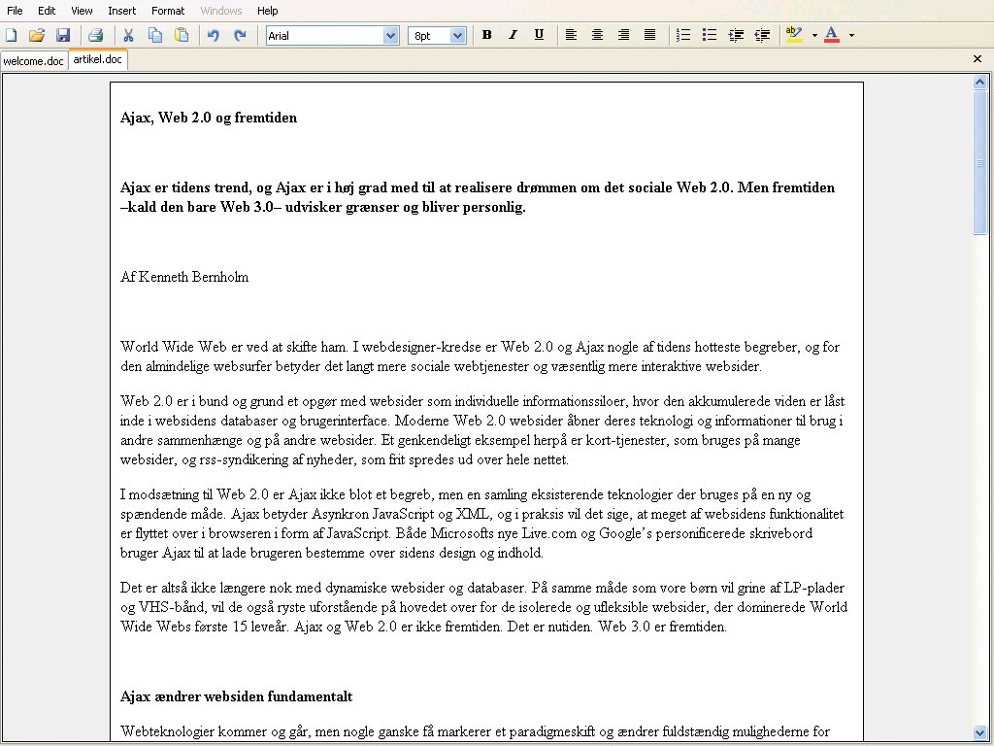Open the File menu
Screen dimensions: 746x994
[15, 11]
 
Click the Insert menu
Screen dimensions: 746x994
[122, 11]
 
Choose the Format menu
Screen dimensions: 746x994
[168, 11]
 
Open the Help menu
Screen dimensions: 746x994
[268, 11]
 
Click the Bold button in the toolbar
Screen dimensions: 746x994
[487, 35]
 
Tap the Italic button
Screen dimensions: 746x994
[514, 35]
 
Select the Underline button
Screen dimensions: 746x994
[539, 35]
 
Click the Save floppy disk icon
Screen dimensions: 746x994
[63, 35]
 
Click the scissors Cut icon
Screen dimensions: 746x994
[128, 35]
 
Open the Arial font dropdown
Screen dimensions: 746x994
[391, 36]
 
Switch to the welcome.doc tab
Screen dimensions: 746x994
[34, 60]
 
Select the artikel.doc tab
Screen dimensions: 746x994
[98, 59]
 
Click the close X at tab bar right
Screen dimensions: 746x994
[977, 59]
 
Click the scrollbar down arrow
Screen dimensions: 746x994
[979, 732]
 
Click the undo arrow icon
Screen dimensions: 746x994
[214, 35]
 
